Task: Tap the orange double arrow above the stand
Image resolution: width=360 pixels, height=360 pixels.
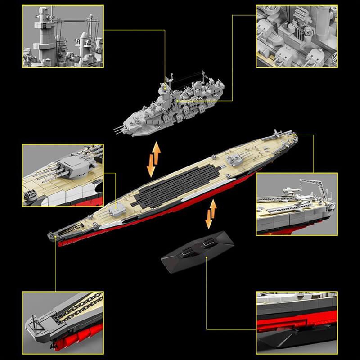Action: pyautogui.click(x=211, y=214)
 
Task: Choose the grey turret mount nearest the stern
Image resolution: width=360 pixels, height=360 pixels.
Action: pyautogui.click(x=234, y=159)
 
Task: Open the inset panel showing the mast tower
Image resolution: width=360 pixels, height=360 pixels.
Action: pyautogui.click(x=63, y=36)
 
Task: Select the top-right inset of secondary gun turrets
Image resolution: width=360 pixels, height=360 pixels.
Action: pyautogui.click(x=297, y=36)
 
